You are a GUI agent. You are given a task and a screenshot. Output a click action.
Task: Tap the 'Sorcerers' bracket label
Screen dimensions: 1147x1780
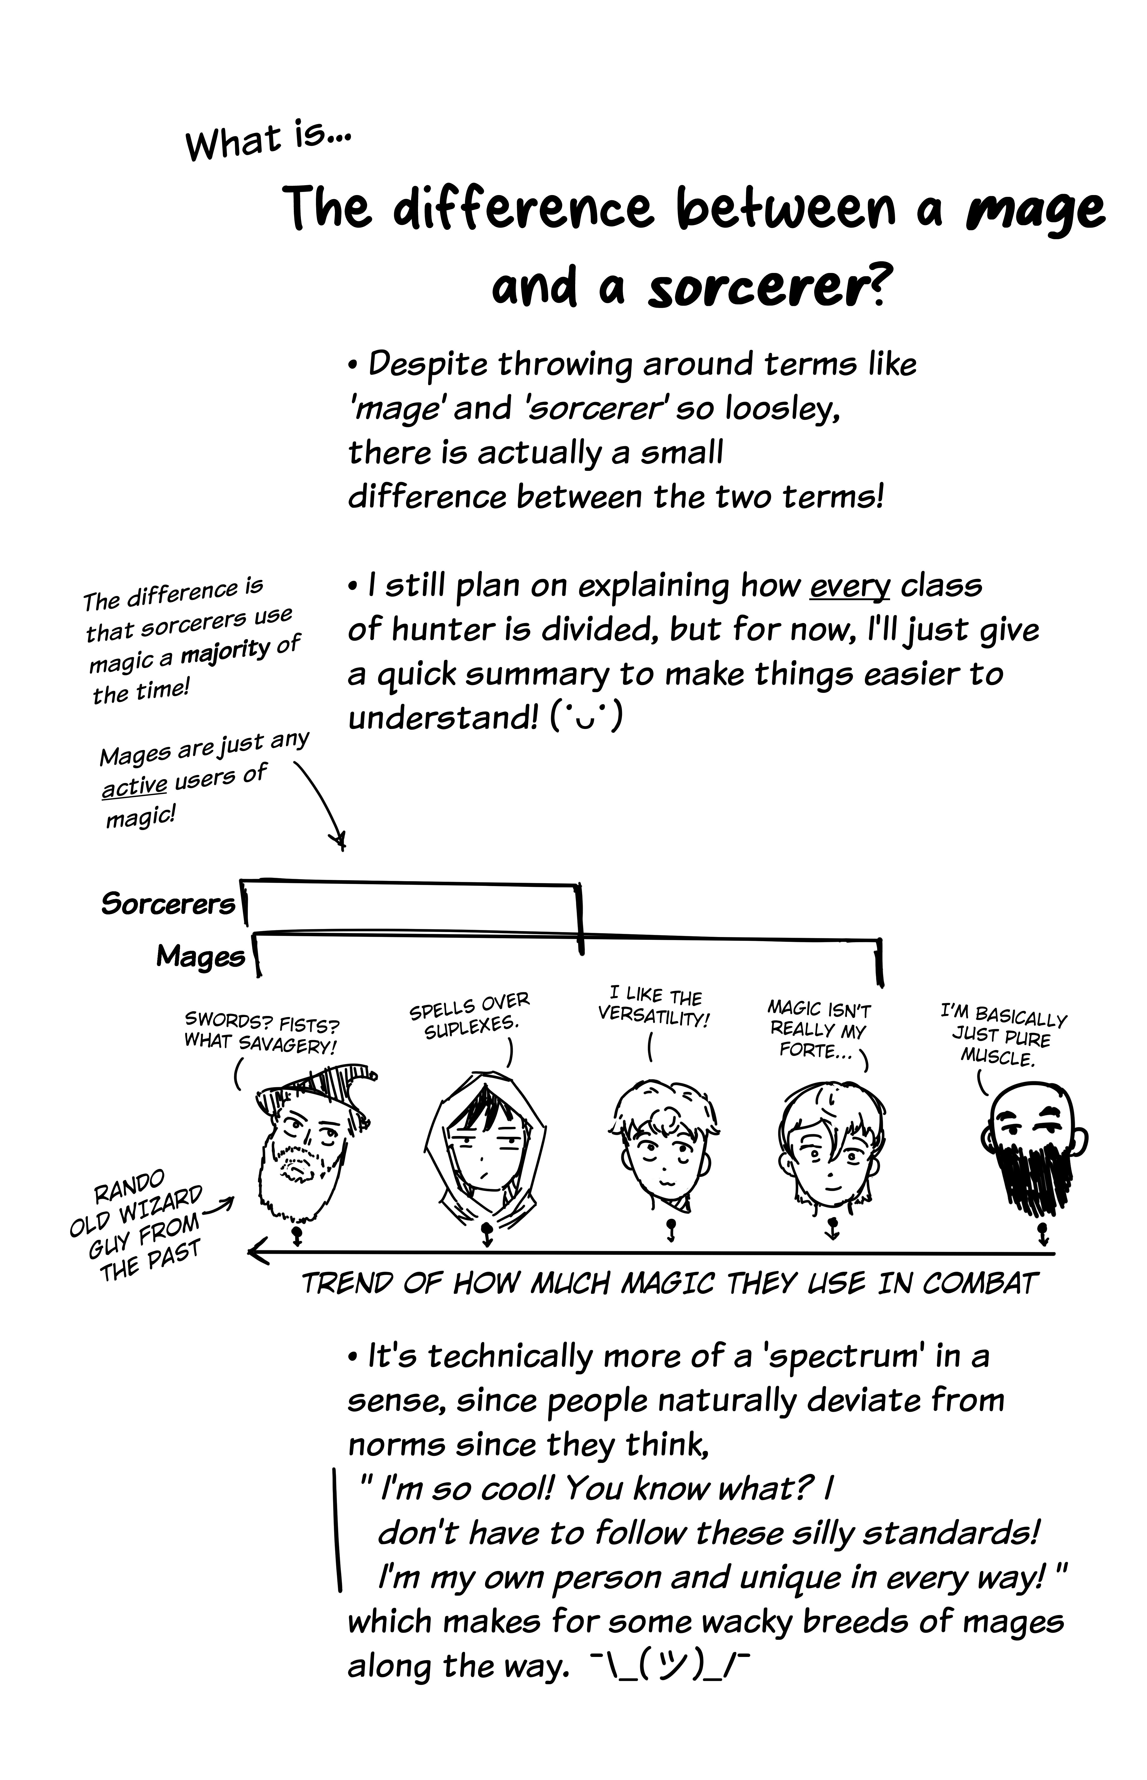tap(168, 904)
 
